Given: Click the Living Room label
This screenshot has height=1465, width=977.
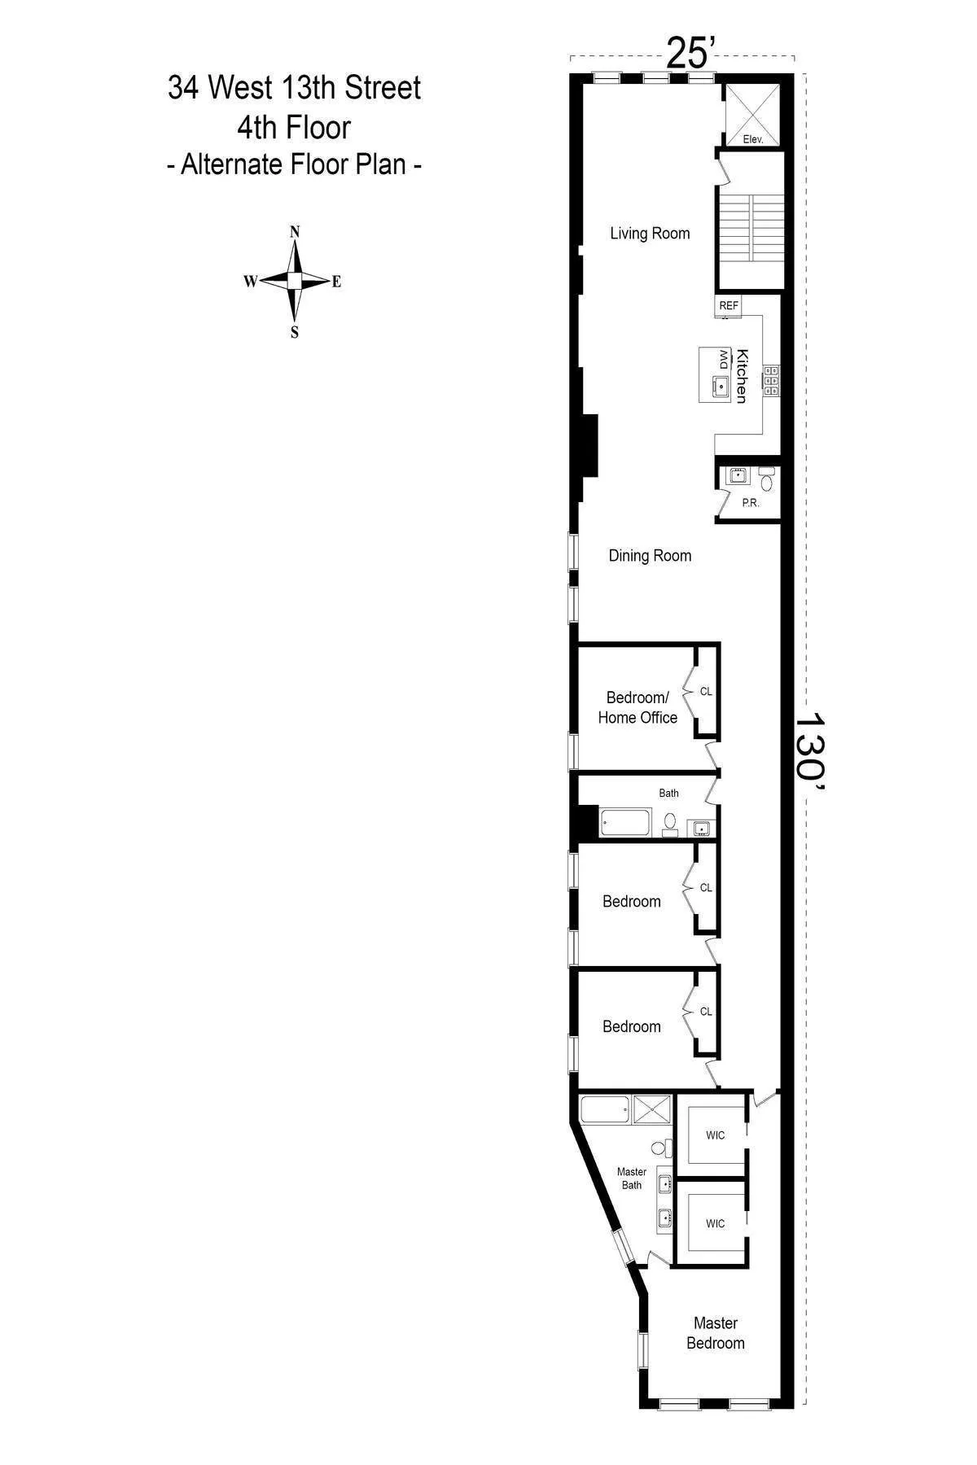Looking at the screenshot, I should coord(650,234).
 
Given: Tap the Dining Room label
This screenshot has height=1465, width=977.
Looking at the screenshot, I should coord(650,556).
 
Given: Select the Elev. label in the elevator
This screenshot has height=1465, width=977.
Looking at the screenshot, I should coord(753,139).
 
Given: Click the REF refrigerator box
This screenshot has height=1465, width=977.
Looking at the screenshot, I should coord(729,305).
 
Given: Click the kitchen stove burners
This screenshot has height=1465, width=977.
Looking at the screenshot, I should coord(770,380).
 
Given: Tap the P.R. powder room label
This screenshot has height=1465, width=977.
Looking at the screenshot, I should coord(751,503).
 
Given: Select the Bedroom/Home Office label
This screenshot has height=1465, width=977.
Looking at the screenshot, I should coord(637,707).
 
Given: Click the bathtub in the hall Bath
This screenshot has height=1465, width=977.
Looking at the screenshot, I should coord(625,823).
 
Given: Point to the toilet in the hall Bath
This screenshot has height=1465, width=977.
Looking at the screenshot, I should coord(670,823).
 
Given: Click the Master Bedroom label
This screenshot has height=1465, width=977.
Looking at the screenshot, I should coord(715,1333).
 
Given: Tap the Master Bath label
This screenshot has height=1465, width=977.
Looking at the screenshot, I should coord(632,1179).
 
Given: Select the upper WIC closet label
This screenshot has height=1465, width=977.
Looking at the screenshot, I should coord(715,1135).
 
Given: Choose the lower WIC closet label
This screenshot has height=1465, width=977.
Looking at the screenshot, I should coord(715,1223).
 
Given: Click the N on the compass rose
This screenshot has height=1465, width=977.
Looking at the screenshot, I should coord(296,231).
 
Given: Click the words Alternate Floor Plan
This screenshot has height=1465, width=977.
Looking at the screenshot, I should coord(293,164).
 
